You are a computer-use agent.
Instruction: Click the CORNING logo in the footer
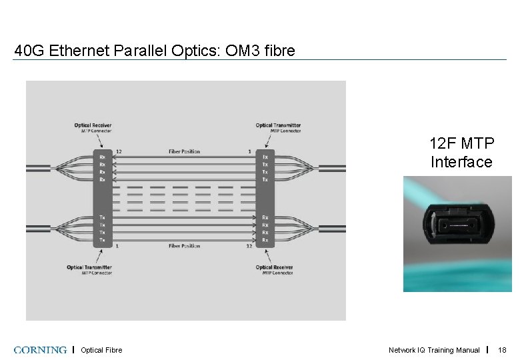point(39,350)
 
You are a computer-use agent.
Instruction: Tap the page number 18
point(503,350)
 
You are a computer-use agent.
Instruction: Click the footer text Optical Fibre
point(101,350)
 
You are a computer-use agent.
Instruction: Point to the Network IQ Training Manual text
point(434,350)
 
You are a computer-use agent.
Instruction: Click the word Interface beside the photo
point(461,162)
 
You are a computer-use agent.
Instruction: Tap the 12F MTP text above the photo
point(461,143)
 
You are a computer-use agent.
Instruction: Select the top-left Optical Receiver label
point(93,125)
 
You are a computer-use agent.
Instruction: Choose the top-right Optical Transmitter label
point(278,125)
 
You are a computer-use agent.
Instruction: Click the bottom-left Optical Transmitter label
point(89,268)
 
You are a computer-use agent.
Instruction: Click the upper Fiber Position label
point(184,151)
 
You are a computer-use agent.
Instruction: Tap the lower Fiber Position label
point(185,246)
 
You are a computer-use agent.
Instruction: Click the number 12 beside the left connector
point(119,151)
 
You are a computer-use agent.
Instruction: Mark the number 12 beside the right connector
point(249,246)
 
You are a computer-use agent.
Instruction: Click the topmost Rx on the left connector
point(102,157)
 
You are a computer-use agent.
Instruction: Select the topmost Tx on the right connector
point(265,157)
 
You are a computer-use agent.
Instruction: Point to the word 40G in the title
point(27,51)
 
